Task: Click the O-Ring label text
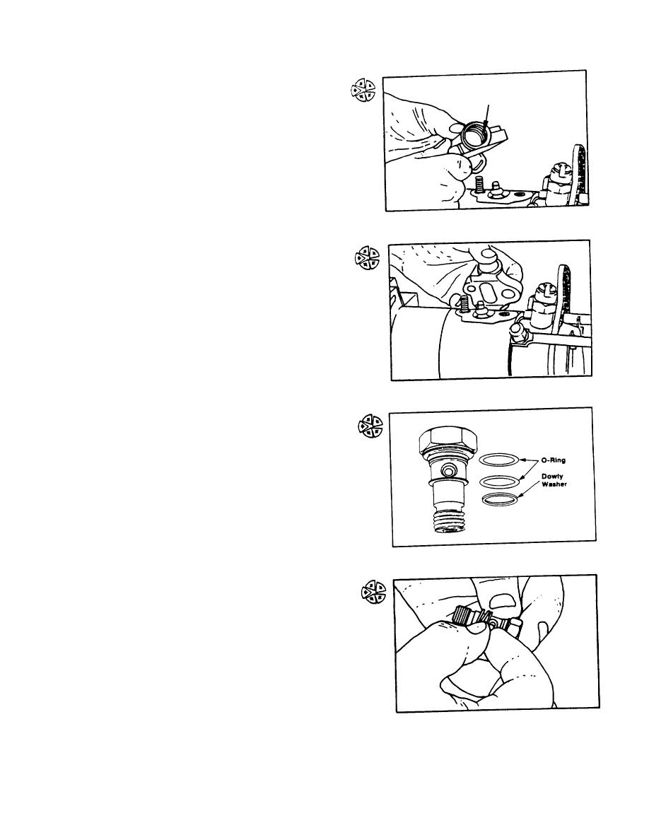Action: point(554,460)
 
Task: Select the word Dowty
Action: point(552,477)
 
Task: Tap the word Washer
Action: point(554,484)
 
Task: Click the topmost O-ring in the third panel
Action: point(498,460)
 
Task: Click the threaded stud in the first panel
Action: point(479,182)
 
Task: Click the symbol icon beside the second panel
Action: point(367,257)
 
